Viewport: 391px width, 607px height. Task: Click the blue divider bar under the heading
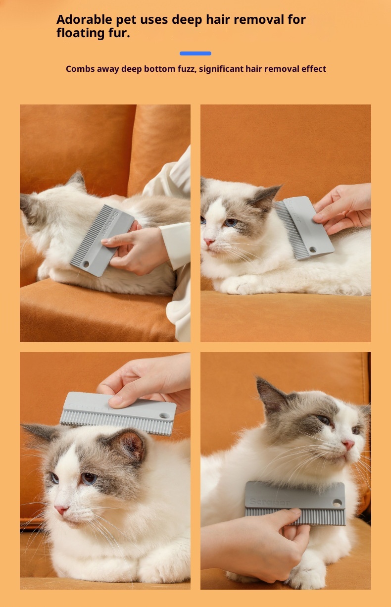[195, 53]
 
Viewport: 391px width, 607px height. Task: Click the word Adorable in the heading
[84, 19]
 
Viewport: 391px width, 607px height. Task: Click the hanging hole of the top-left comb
[86, 264]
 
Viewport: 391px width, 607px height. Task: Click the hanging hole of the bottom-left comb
[164, 415]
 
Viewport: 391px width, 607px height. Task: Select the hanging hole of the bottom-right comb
[337, 503]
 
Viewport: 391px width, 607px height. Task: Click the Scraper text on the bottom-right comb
[269, 502]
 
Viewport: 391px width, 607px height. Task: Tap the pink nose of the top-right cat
[209, 242]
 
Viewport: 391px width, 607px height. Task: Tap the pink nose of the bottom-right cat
[348, 444]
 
